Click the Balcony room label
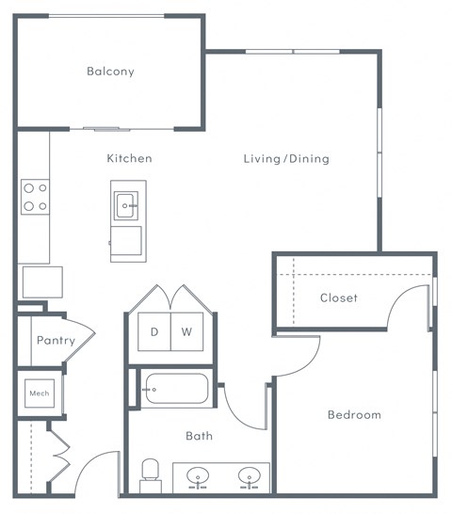click(x=110, y=72)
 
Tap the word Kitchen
click(x=129, y=158)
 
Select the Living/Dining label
click(x=286, y=158)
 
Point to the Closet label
click(x=339, y=297)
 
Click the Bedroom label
click(x=354, y=414)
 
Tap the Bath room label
click(x=199, y=436)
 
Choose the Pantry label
click(x=56, y=341)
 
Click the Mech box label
click(x=39, y=394)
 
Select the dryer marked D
click(x=154, y=332)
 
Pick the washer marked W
click(x=186, y=332)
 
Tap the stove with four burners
click(x=36, y=196)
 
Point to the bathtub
click(x=176, y=389)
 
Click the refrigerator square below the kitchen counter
click(x=42, y=281)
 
